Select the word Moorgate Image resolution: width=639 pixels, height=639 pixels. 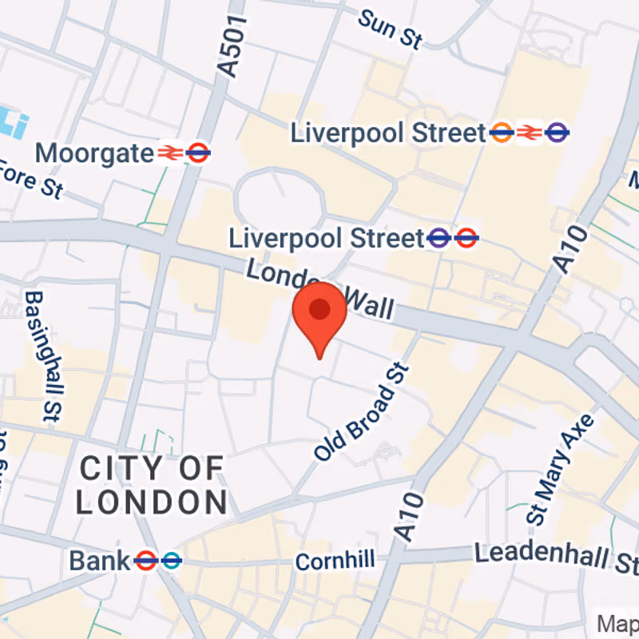(94, 152)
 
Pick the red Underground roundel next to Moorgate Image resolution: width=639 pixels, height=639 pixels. (198, 152)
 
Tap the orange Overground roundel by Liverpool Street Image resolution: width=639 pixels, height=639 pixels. (502, 133)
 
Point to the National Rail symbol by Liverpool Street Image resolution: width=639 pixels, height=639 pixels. (529, 133)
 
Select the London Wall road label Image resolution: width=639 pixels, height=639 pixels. (319, 289)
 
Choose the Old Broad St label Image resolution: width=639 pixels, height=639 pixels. (362, 412)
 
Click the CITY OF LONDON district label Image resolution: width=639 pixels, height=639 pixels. (152, 485)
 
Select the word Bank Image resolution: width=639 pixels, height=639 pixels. (99, 561)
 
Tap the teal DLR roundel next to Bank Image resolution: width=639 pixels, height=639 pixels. (170, 561)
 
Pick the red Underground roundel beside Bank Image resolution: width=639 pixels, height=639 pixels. (145, 561)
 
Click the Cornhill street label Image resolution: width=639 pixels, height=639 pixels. (335, 561)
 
